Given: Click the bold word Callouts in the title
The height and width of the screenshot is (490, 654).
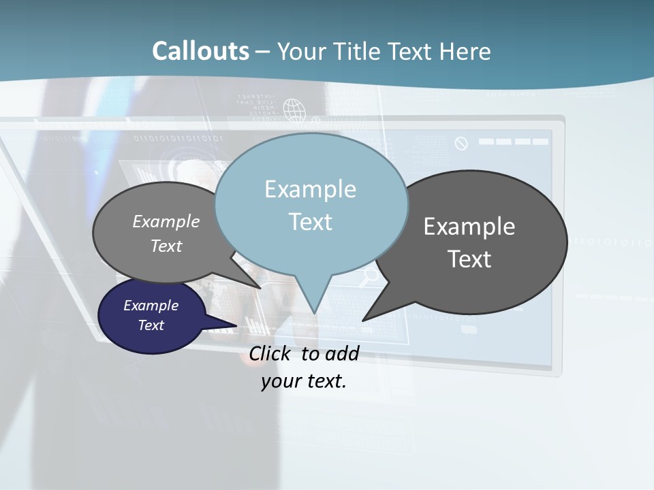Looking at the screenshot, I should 200,51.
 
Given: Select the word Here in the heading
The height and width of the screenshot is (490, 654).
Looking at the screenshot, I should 465,51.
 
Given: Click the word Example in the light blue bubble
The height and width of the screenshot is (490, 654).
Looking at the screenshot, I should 310,189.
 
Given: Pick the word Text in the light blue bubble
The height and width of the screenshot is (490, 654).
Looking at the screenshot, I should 310,222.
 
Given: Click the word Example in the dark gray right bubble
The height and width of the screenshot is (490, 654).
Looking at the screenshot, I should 469,227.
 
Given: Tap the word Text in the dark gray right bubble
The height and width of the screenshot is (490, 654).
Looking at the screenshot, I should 469,259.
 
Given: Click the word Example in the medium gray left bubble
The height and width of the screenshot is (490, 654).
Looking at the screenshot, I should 166,221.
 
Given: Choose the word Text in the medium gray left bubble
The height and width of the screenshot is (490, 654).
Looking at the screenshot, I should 166,246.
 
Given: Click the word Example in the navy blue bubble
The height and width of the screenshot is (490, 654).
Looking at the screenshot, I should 151,306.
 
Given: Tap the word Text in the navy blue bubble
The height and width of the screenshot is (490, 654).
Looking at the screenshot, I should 151,325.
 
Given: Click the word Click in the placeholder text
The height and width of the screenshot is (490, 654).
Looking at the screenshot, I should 270,353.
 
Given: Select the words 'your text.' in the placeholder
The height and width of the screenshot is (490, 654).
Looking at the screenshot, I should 303,381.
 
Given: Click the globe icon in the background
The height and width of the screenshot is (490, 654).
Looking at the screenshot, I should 294,108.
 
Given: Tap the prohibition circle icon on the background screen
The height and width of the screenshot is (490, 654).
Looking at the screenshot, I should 461,143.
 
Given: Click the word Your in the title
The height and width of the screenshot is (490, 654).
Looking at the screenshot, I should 303,51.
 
